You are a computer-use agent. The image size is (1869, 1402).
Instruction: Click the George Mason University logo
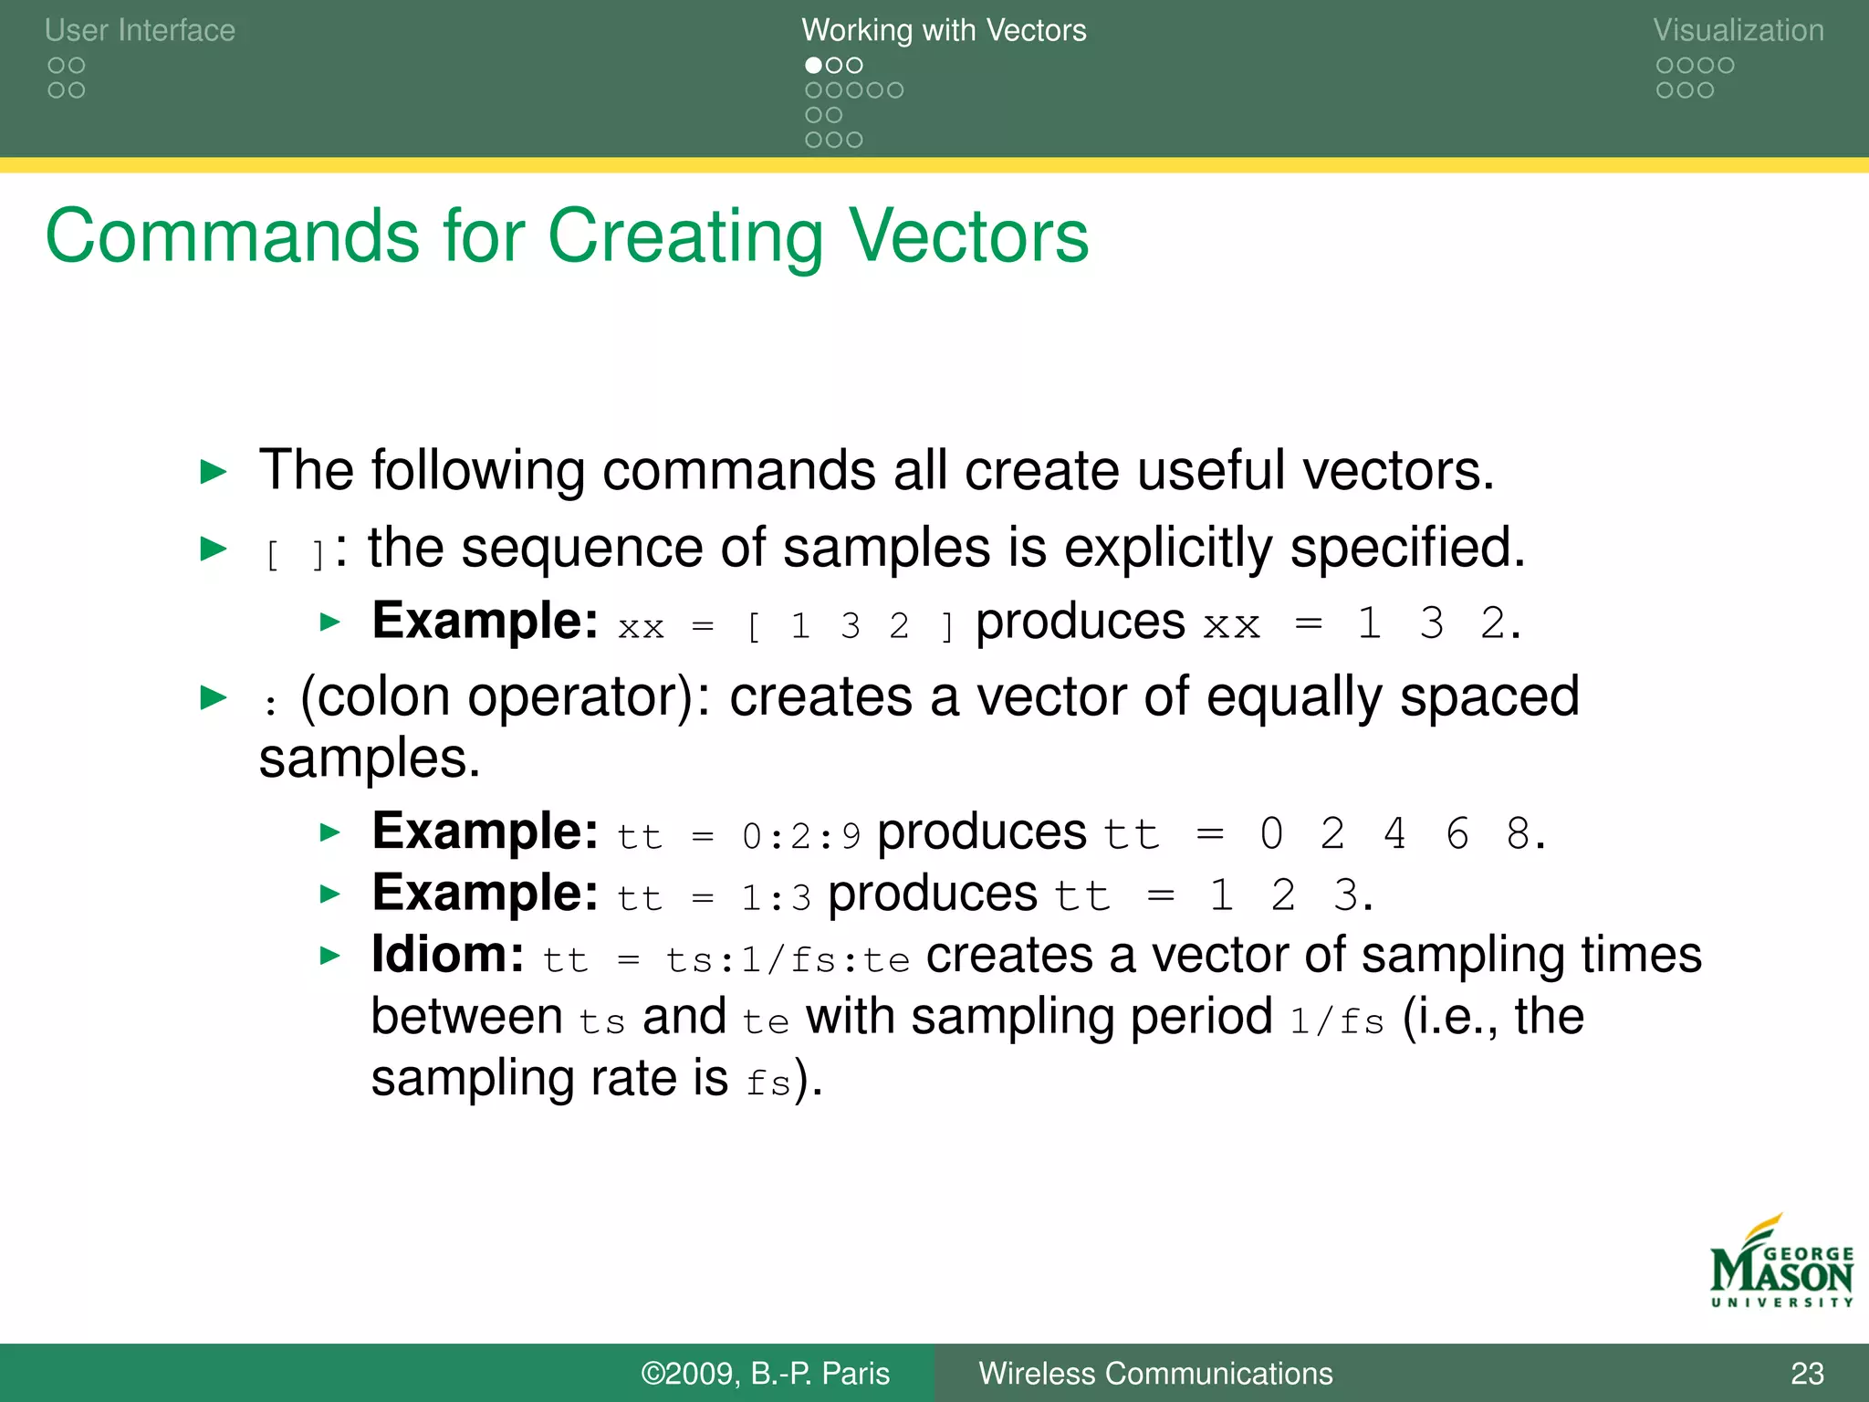pyautogui.click(x=1780, y=1263)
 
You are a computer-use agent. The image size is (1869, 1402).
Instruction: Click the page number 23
pyautogui.click(x=1806, y=1374)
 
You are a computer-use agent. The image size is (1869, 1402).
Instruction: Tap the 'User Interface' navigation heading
pyautogui.click(x=140, y=30)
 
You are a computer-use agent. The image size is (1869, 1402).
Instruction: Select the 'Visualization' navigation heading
pyautogui.click(x=1738, y=30)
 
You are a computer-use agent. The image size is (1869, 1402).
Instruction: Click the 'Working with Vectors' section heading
pyautogui.click(x=944, y=30)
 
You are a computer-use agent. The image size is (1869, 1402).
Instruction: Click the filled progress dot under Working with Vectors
pyautogui.click(x=812, y=66)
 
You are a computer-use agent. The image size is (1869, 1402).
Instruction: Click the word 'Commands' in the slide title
pyautogui.click(x=232, y=236)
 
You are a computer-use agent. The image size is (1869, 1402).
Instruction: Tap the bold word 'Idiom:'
pyautogui.click(x=447, y=955)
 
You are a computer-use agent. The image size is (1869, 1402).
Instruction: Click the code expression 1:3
pyautogui.click(x=776, y=898)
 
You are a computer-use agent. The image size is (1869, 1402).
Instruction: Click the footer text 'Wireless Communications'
pyautogui.click(x=1154, y=1374)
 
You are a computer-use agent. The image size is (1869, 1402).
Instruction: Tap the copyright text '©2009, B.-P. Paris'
pyautogui.click(x=765, y=1374)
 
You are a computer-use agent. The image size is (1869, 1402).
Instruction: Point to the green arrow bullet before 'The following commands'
pyautogui.click(x=213, y=472)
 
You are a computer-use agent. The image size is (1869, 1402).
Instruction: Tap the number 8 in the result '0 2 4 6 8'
pyautogui.click(x=1518, y=833)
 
